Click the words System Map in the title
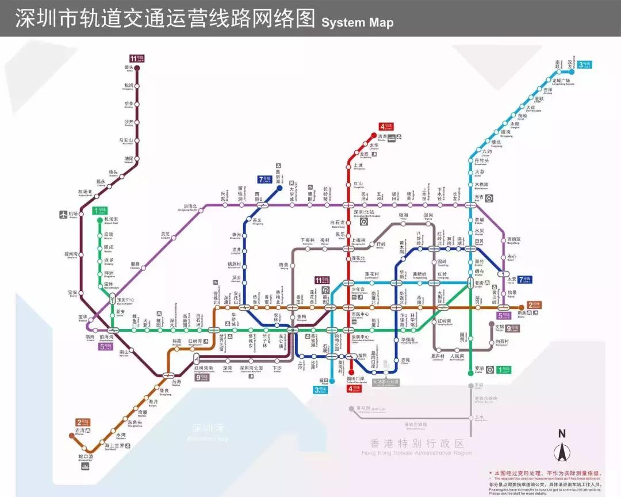tap(358, 22)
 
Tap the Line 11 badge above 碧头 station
tap(136, 58)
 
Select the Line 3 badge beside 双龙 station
tap(585, 65)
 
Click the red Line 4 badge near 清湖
tap(385, 127)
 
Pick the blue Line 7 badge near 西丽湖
tap(264, 179)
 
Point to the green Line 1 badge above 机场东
tap(100, 211)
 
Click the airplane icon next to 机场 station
tap(63, 215)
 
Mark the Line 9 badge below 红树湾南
tap(203, 378)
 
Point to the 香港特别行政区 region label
tap(417, 444)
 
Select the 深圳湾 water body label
tap(206, 429)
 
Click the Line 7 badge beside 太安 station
tap(525, 280)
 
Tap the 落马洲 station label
tap(362, 408)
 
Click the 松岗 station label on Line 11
tap(128, 86)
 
